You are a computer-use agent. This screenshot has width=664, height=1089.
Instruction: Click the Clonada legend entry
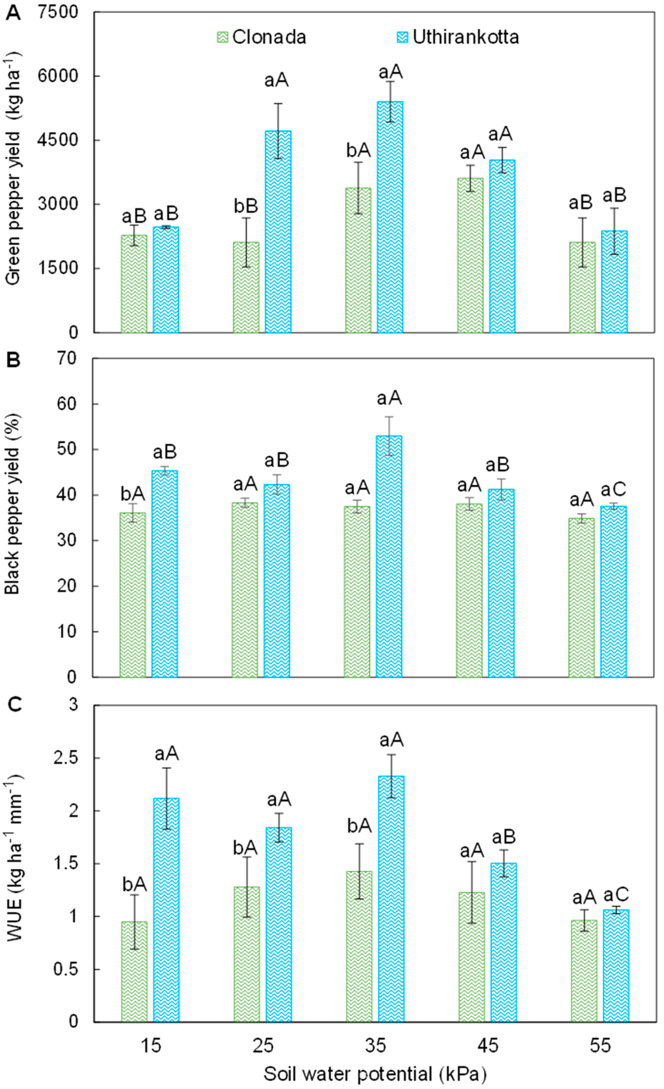coord(261,37)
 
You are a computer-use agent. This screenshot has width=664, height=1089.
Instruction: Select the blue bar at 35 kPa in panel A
coord(390,216)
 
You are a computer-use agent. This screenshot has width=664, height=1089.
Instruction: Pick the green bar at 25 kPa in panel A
coord(246,287)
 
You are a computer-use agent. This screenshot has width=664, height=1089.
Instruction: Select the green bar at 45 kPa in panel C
coord(471,957)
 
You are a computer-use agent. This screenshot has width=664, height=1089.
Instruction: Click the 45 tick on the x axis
coord(488,1046)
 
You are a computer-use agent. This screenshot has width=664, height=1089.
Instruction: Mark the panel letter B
coord(13,361)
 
